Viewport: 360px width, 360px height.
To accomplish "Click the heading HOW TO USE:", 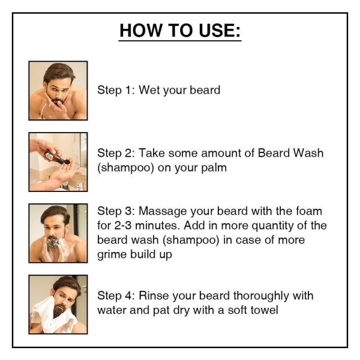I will tap(180, 30).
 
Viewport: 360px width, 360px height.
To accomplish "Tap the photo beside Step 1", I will tap(58, 91).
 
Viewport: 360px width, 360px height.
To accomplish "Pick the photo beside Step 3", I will tap(58, 233).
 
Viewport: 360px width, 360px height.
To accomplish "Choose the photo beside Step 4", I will tap(58, 304).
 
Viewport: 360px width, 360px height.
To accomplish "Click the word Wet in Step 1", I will tap(150, 90).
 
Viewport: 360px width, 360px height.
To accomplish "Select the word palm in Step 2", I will tap(214, 167).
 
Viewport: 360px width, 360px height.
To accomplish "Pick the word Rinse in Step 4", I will tap(154, 296).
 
